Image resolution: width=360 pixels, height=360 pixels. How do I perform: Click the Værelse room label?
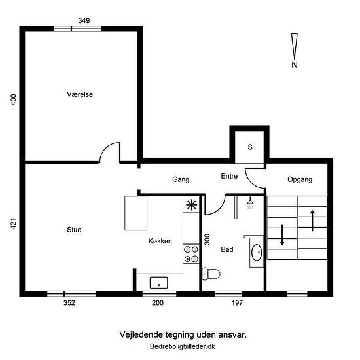pyautogui.click(x=80, y=94)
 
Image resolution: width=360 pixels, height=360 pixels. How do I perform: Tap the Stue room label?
pyautogui.click(x=74, y=230)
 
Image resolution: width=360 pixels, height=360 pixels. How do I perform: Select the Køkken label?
pyautogui.click(x=160, y=241)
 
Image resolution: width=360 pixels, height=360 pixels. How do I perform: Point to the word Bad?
pyautogui.click(x=227, y=249)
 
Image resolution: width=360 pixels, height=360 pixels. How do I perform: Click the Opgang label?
pyautogui.click(x=300, y=179)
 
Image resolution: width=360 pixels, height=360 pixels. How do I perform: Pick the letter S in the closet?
pyautogui.click(x=250, y=147)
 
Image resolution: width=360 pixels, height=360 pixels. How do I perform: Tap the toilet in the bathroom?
pyautogui.click(x=211, y=274)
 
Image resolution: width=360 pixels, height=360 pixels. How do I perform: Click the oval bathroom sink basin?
pyautogui.click(x=257, y=253)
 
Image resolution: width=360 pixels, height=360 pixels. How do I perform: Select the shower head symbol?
pyautogui.click(x=250, y=203)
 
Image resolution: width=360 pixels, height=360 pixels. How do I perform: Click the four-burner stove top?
pyautogui.click(x=191, y=254)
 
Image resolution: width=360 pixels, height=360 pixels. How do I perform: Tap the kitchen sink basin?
pyautogui.click(x=158, y=283)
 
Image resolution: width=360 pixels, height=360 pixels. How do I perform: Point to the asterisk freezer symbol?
pyautogui.click(x=191, y=205)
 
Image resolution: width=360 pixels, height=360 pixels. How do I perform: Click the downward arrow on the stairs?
pyautogui.click(x=282, y=234)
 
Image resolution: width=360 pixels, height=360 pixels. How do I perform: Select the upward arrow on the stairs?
pyautogui.click(x=312, y=221)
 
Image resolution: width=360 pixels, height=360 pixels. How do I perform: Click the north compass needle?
pyautogui.click(x=295, y=46)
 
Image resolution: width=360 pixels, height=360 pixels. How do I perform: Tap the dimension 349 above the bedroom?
pyautogui.click(x=84, y=20)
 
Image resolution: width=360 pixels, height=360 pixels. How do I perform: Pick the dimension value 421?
pyautogui.click(x=14, y=224)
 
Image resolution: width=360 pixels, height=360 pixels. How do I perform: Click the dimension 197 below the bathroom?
pyautogui.click(x=237, y=303)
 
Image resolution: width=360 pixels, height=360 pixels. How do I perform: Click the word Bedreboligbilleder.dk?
pyautogui.click(x=183, y=346)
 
